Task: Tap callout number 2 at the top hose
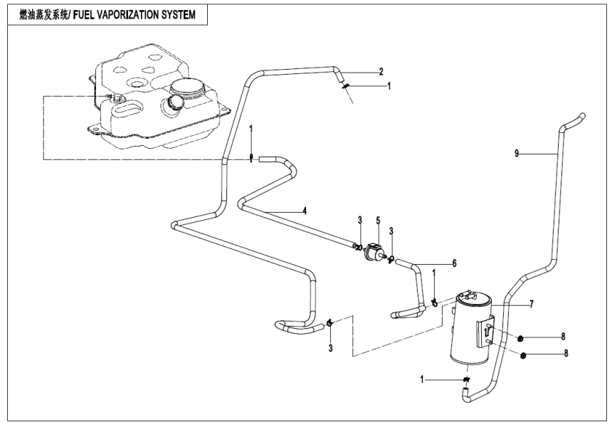381,71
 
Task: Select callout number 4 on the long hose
304,211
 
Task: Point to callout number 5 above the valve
378,221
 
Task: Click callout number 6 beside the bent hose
453,263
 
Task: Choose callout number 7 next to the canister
529,304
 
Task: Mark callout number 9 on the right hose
517,152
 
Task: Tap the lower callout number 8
566,353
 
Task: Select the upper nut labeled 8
521,337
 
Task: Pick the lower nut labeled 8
524,355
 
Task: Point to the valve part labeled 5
374,253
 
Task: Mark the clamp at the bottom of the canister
465,381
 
